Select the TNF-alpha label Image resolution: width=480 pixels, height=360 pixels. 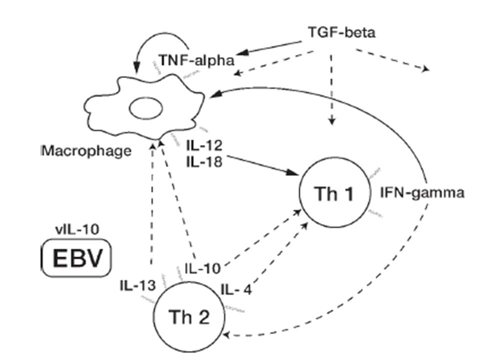[196, 60]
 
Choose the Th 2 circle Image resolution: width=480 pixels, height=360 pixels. [188, 316]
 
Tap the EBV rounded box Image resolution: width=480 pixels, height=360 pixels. [76, 258]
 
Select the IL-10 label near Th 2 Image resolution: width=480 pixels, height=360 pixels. [202, 268]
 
